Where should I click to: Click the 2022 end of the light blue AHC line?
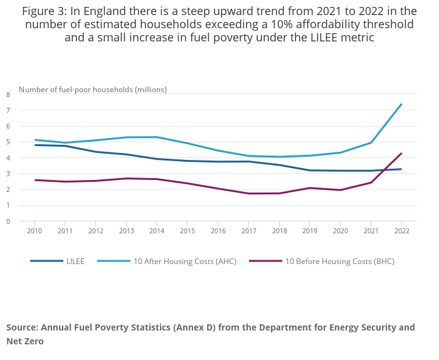(401, 104)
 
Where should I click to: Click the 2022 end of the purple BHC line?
(401, 153)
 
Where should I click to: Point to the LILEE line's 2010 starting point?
(35, 145)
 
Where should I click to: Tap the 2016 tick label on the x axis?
(218, 231)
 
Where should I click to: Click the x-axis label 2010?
(35, 231)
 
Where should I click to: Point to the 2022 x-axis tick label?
(401, 231)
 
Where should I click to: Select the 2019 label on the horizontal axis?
(310, 231)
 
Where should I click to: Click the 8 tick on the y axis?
(8, 95)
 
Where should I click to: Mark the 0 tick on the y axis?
(8, 221)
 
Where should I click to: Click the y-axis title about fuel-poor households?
(93, 89)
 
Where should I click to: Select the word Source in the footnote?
(22, 327)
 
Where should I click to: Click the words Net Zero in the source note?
(24, 342)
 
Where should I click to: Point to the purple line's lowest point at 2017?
(249, 193)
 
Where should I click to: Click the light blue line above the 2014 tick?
(157, 137)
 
